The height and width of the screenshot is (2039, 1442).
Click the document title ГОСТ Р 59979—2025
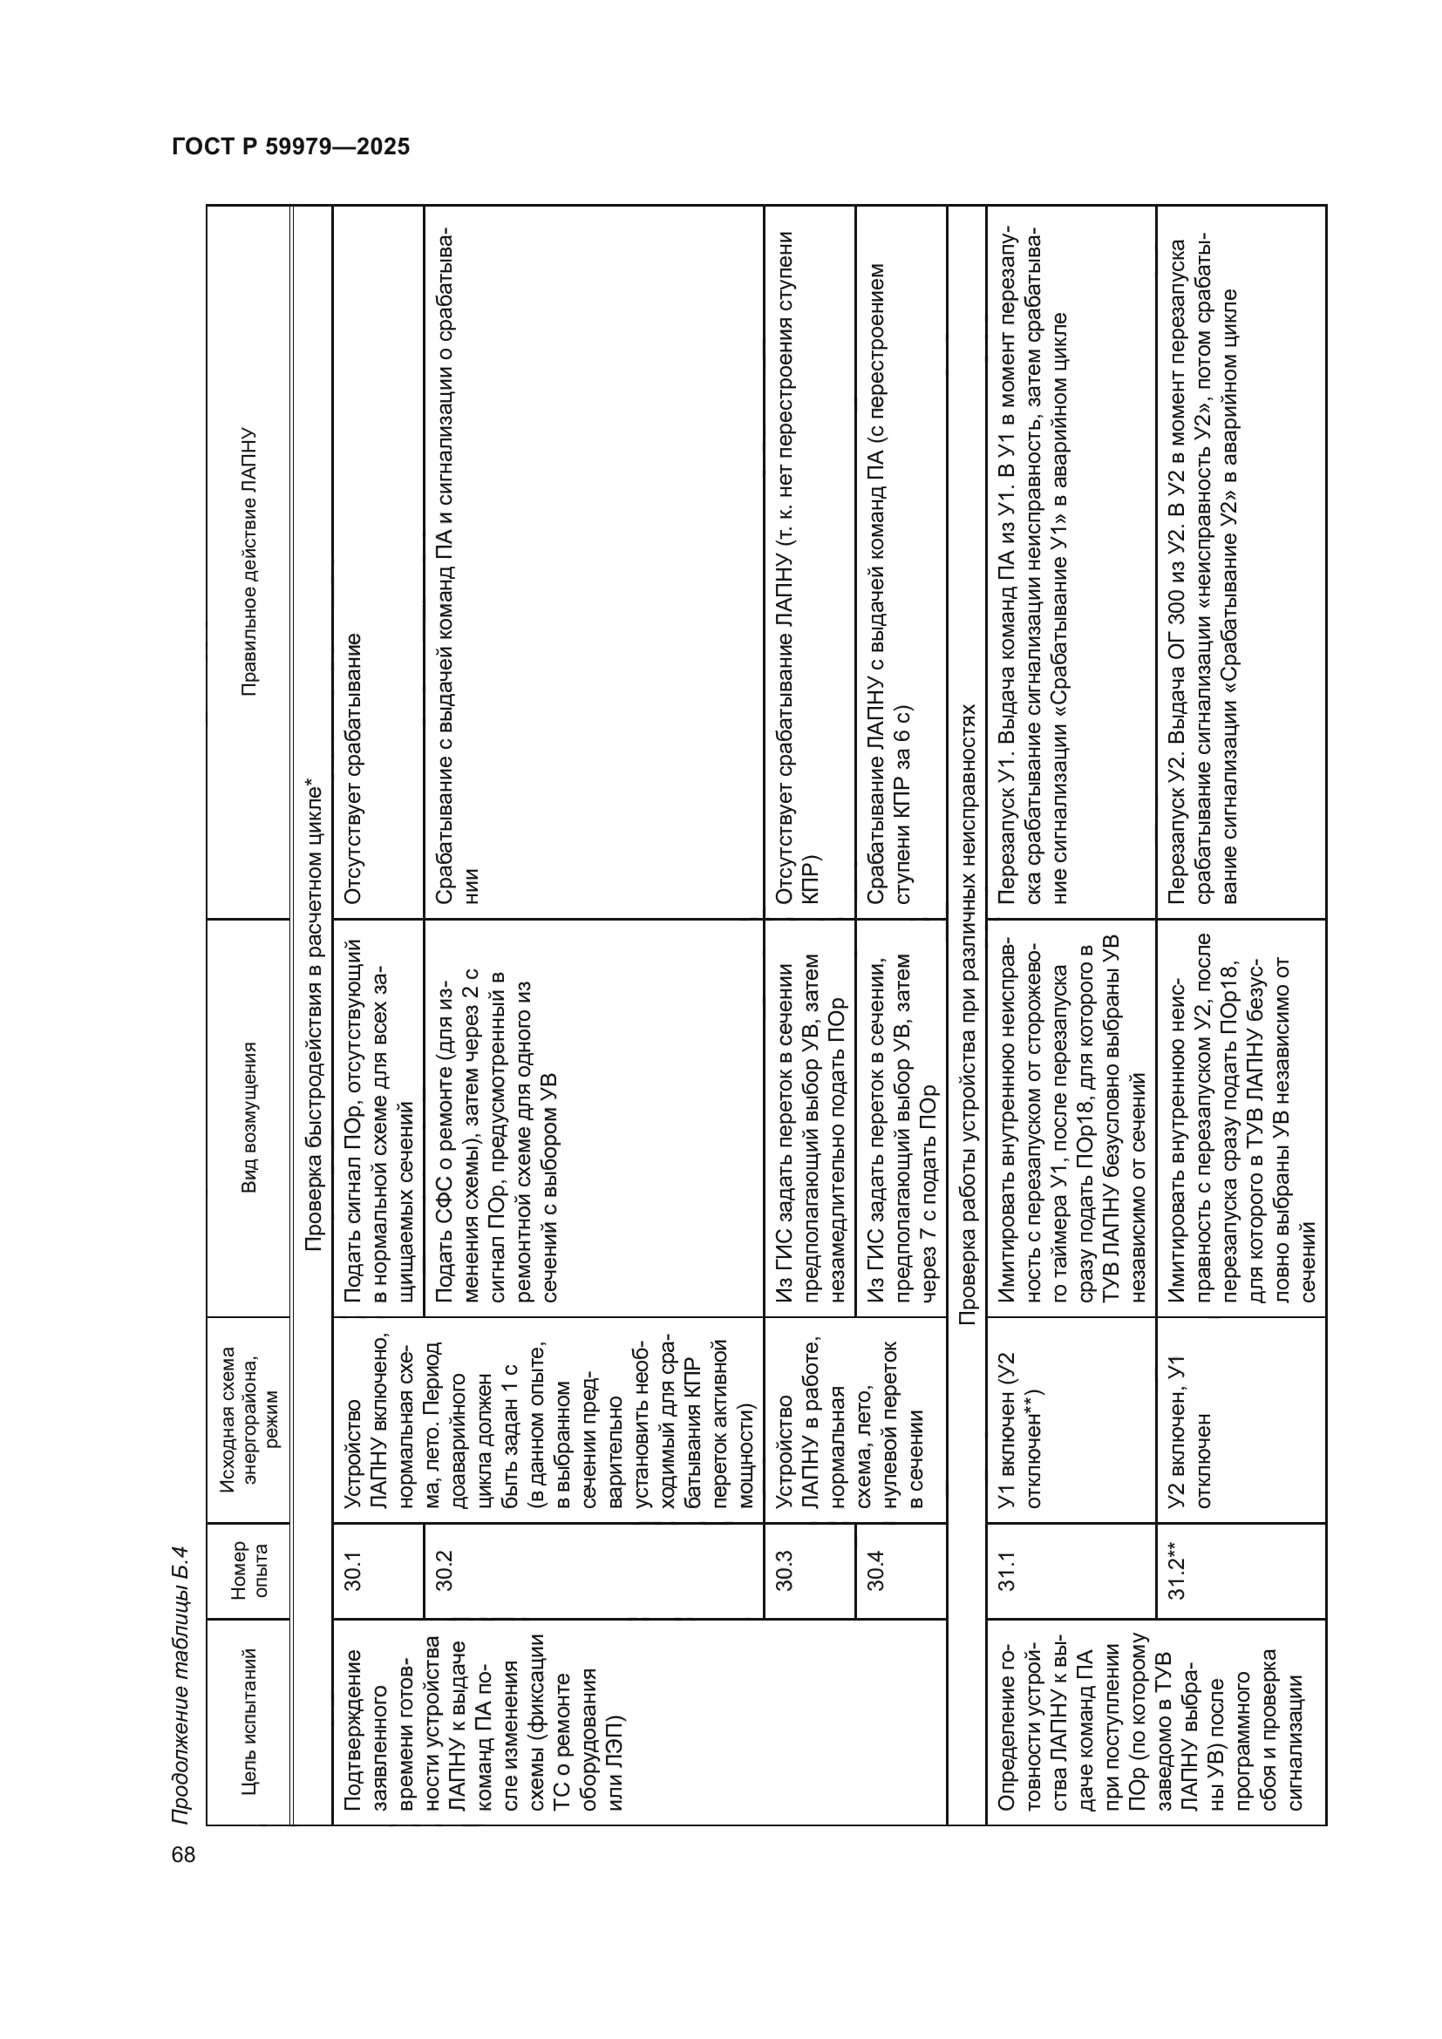[290, 146]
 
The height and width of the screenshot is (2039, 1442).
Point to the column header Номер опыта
[248, 1570]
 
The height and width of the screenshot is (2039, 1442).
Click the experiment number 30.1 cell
[352, 1570]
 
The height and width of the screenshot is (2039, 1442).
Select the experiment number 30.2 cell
[444, 1570]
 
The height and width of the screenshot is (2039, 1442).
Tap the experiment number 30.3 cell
[784, 1570]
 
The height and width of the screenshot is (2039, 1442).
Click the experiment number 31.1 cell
[1007, 1570]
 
